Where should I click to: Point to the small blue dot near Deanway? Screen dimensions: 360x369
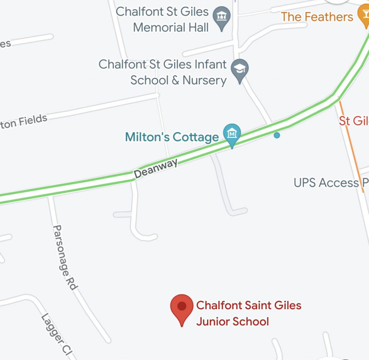(x=277, y=135)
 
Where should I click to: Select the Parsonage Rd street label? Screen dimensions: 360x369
(x=65, y=257)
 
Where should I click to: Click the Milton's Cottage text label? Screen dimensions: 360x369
(x=172, y=137)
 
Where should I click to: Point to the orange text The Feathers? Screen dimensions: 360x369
(x=317, y=17)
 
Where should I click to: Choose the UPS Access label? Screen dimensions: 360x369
(x=326, y=183)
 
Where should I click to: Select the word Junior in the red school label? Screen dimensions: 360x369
(x=213, y=321)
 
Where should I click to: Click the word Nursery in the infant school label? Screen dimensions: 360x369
(x=204, y=80)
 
